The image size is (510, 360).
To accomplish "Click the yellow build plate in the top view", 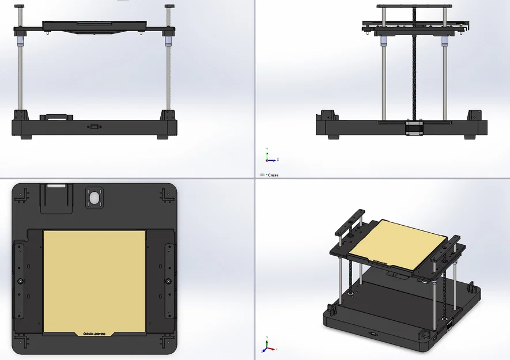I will tap(95, 279).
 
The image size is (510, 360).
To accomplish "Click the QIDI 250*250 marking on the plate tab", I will tap(96, 334).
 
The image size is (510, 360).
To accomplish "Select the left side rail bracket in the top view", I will tap(21, 281).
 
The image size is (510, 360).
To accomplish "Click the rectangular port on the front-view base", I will tap(93, 126).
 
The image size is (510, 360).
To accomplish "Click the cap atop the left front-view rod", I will tap(21, 6).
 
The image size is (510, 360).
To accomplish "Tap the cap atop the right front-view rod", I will tap(171, 6).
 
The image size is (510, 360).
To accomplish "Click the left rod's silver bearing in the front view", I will tap(21, 42).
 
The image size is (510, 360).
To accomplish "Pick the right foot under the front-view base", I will tap(163, 137).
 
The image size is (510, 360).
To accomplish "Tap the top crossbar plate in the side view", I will tap(413, 6).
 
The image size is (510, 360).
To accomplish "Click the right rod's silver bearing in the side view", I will tap(445, 42).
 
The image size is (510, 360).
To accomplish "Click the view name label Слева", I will tap(271, 175).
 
